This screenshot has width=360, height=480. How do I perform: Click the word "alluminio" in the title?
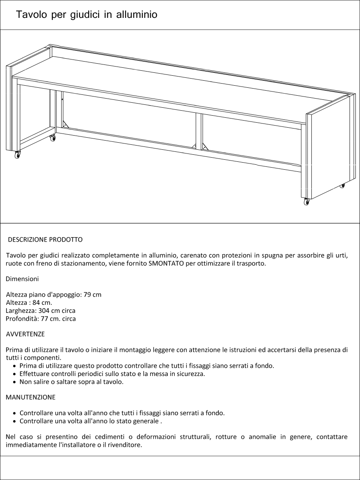pyautogui.click(x=137, y=15)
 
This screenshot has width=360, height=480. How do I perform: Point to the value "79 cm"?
pyautogui.click(x=92, y=295)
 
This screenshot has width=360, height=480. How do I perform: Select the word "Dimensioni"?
pyautogui.click(x=22, y=279)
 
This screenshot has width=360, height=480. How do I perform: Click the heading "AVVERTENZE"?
pyautogui.click(x=25, y=334)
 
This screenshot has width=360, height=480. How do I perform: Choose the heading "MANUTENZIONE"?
pyautogui.click(x=30, y=397)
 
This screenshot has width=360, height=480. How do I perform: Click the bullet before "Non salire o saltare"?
pyautogui.click(x=15, y=382)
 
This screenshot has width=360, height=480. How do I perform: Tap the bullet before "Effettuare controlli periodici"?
pyautogui.click(x=15, y=374)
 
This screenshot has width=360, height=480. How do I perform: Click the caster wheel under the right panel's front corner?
pyautogui.click(x=307, y=202)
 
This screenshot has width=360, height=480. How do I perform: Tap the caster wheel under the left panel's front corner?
pyautogui.click(x=17, y=155)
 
